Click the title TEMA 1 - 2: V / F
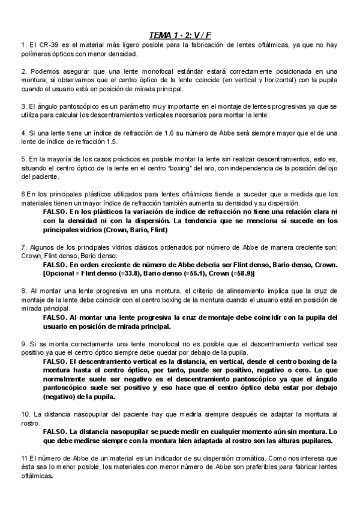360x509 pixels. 180,35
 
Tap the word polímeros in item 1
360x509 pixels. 35,53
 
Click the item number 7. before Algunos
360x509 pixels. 23,247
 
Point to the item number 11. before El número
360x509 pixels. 25,458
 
